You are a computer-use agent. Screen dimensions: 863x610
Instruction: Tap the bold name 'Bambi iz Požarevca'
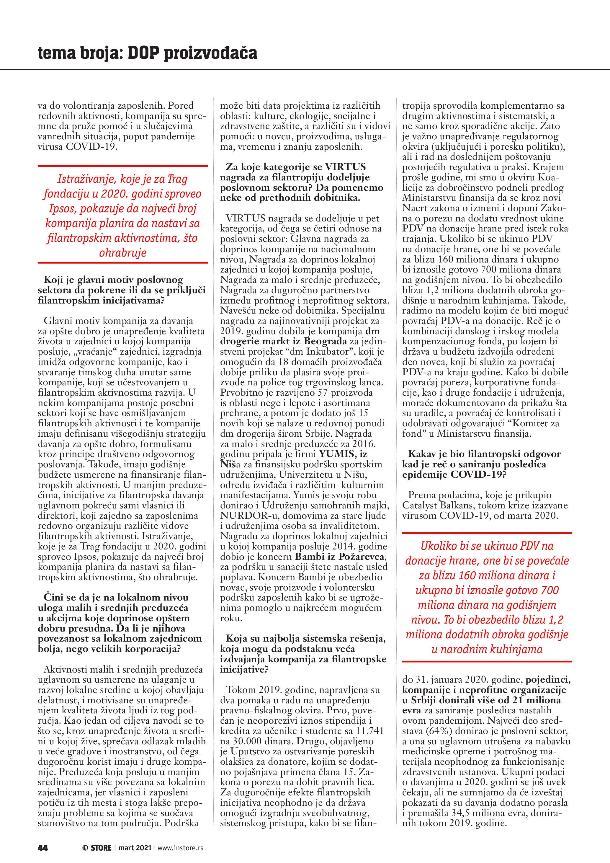[x=340, y=556]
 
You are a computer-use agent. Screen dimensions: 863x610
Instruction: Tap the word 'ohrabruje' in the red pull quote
[x=122, y=253]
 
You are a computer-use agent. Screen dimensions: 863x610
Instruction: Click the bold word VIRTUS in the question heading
[x=345, y=167]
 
